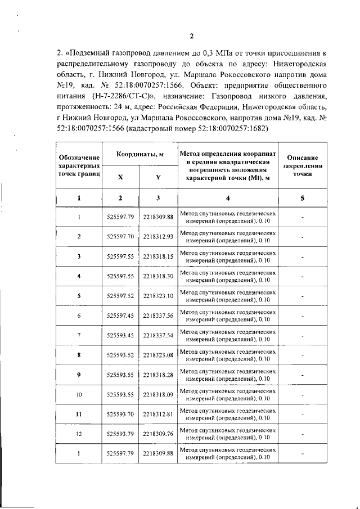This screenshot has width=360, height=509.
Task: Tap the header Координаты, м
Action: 139,154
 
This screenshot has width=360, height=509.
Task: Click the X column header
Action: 120,177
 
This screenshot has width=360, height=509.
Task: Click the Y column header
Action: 158,177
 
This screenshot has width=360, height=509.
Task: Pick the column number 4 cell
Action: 228,198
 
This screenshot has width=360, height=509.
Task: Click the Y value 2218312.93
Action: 158,236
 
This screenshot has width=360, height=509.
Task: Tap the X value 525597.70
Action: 120,236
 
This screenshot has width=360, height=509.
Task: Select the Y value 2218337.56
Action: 158,316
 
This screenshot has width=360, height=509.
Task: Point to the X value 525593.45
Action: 120,335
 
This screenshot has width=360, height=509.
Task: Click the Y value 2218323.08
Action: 158,355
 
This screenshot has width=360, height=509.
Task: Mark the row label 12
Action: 79,434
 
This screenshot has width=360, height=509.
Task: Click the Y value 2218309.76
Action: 158,434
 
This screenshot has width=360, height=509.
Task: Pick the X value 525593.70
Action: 120,414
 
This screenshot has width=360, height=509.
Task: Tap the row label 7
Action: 79,335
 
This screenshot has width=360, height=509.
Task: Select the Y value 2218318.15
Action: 158,256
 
